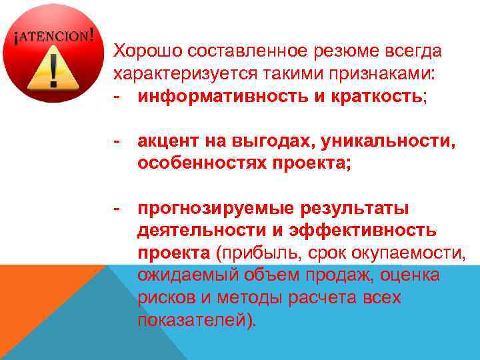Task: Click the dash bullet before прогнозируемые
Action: coord(117,209)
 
